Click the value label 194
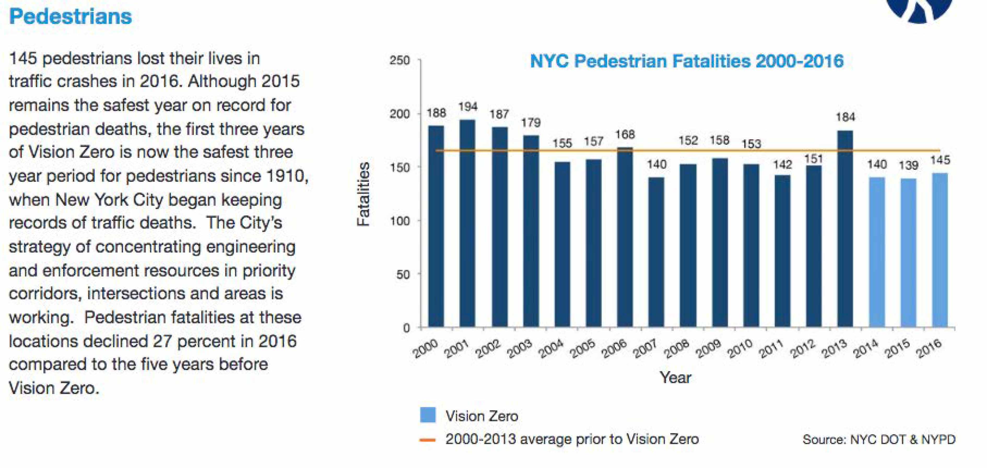tap(468, 107)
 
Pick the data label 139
tap(908, 165)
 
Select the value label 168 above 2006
tap(625, 134)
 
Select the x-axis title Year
tap(675, 378)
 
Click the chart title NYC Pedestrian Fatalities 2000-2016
tap(687, 61)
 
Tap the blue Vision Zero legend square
tap(428, 415)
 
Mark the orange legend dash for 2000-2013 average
tap(427, 440)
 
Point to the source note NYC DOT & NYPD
tap(879, 439)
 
